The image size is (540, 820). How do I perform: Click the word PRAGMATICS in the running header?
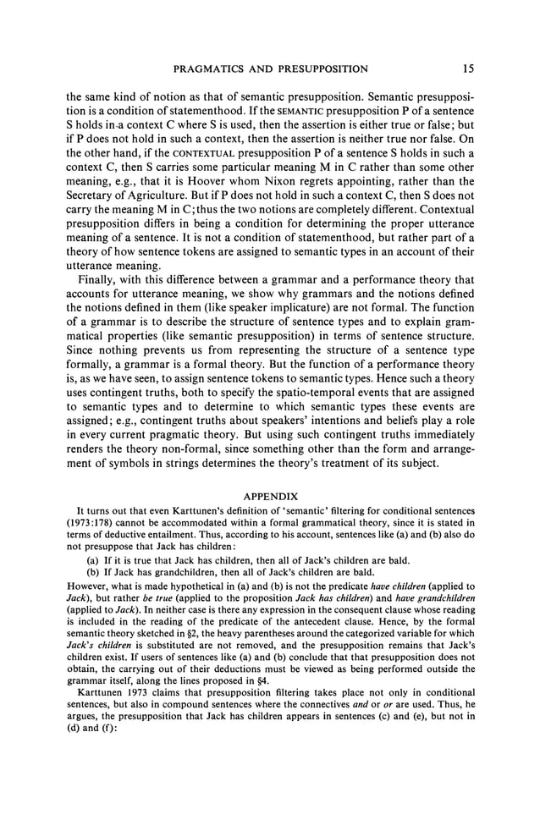pyautogui.click(x=213, y=69)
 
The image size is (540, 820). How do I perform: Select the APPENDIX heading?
pyautogui.click(x=270, y=494)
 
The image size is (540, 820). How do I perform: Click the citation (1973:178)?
pyautogui.click(x=91, y=522)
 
